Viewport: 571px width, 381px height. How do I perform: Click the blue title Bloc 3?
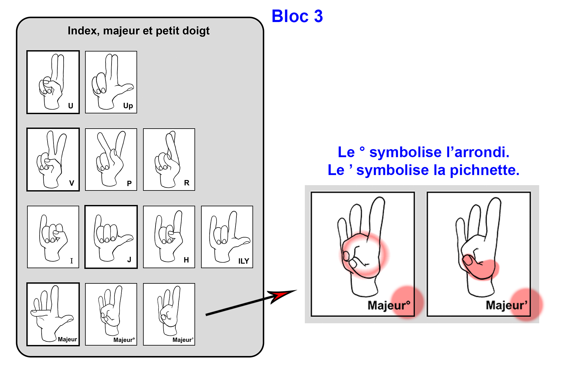[x=297, y=16]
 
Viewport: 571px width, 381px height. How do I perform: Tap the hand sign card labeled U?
[x=53, y=82]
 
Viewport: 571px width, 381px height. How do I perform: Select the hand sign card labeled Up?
[x=111, y=82]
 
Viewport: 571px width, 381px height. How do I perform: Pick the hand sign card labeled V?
[x=53, y=160]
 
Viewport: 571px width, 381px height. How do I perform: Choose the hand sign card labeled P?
[x=111, y=160]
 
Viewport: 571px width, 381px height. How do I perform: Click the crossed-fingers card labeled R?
[x=169, y=160]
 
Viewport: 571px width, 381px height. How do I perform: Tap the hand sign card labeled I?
[x=53, y=237]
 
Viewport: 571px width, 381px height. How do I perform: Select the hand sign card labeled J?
[x=111, y=237]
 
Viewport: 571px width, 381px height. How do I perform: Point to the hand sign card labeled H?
[x=169, y=237]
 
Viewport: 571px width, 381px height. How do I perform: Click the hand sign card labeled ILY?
[x=227, y=237]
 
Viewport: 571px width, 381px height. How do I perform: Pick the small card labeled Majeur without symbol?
[x=53, y=314]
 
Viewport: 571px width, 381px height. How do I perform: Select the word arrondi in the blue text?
[x=482, y=152]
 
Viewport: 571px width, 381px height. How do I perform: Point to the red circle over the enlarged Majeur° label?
[x=407, y=302]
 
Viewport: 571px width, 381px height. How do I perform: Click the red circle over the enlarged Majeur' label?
[x=526, y=305]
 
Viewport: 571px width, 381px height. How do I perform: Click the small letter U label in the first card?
[x=70, y=106]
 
